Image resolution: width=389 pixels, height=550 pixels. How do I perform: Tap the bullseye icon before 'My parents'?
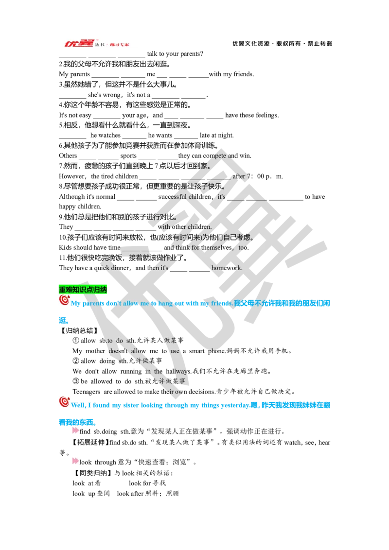(x=65, y=300)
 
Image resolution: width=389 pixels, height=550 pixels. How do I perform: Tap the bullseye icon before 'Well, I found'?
(x=65, y=401)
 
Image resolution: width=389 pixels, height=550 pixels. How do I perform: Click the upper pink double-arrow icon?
(x=75, y=430)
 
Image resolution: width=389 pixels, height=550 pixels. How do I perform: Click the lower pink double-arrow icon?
(x=75, y=461)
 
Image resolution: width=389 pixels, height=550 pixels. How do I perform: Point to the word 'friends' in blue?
(x=221, y=303)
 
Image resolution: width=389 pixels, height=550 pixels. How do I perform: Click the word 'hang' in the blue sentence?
(x=167, y=303)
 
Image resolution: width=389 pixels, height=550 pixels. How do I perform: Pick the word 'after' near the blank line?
(x=239, y=176)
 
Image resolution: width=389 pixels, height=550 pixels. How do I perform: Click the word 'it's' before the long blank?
(x=222, y=197)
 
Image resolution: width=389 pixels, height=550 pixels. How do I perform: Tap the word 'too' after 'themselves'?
(x=243, y=247)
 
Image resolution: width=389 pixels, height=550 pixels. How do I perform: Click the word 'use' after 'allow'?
(x=175, y=351)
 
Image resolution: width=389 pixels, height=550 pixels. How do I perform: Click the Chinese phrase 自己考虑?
(x=239, y=238)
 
